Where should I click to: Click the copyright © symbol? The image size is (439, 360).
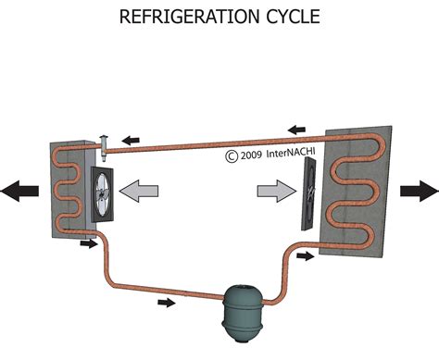point(231,156)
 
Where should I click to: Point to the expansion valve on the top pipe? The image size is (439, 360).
point(105,143)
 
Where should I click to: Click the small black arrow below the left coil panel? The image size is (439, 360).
point(89,244)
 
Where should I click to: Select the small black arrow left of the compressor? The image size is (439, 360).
point(165,302)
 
